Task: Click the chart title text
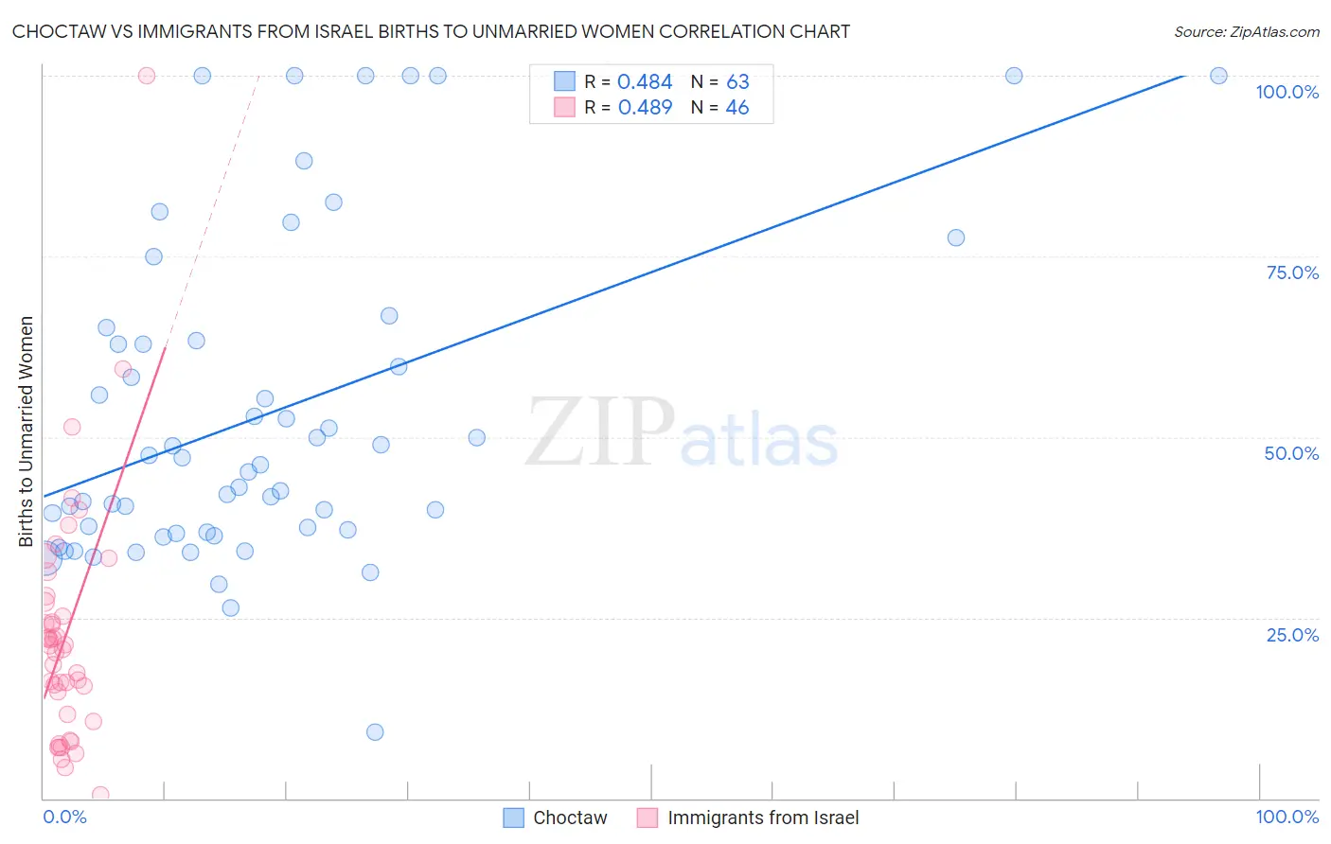[431, 31]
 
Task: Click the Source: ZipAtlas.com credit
[1246, 31]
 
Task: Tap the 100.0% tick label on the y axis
[1287, 92]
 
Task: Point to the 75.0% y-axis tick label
[1292, 273]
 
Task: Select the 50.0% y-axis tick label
[1291, 453]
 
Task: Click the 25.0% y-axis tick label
[1292, 635]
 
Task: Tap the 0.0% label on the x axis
[64, 817]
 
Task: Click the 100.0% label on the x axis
[1287, 817]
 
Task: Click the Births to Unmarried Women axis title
[26, 431]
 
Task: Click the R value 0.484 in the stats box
[645, 82]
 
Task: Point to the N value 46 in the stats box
[736, 108]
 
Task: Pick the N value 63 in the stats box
[737, 82]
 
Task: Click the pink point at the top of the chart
[147, 76]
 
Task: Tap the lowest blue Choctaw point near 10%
[375, 731]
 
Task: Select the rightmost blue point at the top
[1218, 76]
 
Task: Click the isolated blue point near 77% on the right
[956, 237]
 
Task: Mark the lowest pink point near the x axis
[100, 795]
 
